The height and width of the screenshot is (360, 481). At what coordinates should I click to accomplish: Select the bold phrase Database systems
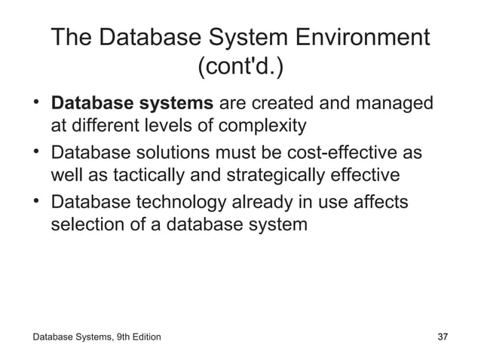tap(132, 102)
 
